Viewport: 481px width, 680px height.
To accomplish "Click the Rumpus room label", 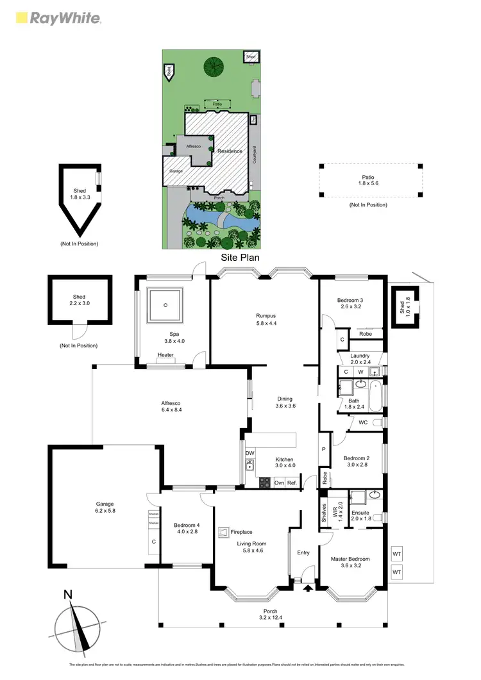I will (265, 315).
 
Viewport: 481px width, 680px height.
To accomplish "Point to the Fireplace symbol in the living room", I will (224, 531).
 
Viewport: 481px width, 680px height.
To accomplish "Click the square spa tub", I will (165, 305).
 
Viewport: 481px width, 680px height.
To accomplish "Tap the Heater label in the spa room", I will (165, 354).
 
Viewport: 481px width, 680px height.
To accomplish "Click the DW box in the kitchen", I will (249, 453).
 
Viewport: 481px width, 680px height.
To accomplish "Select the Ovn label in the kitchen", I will (279, 483).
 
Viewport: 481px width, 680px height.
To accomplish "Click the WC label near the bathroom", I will (363, 422).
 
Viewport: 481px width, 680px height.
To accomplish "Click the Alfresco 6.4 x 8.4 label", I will (171, 406).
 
